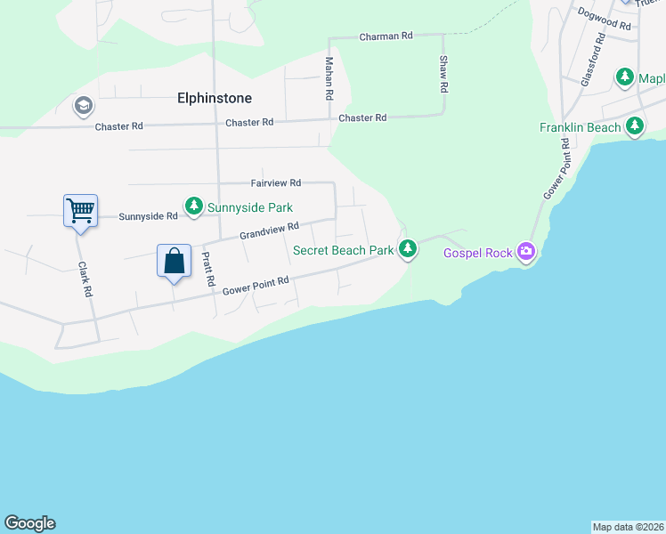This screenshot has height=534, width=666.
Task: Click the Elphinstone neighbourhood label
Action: point(215,98)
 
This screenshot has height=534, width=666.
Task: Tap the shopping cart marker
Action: point(80,212)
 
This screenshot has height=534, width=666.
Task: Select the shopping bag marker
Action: point(175,262)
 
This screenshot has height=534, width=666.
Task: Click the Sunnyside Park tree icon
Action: point(193,208)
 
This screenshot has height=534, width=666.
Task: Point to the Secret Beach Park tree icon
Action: point(408,249)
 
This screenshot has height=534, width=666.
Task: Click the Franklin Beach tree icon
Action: point(635,127)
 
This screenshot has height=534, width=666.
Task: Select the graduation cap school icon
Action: point(84,107)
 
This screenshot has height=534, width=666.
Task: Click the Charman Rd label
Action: point(386,36)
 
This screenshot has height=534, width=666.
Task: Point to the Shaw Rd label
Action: point(443,75)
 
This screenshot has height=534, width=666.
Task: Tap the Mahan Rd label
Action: point(329,77)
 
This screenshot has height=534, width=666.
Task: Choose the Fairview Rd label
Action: point(276,182)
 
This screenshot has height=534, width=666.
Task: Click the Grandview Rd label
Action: point(268,231)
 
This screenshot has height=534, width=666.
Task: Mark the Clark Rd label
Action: point(85,279)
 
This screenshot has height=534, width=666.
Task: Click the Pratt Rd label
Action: point(207,269)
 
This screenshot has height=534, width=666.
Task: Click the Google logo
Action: point(29,523)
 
